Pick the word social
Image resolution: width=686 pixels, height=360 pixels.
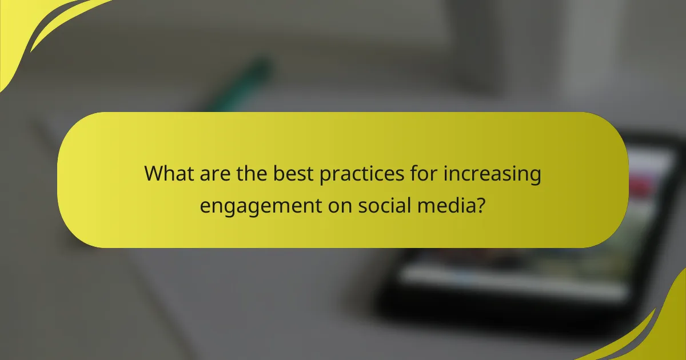382,205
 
